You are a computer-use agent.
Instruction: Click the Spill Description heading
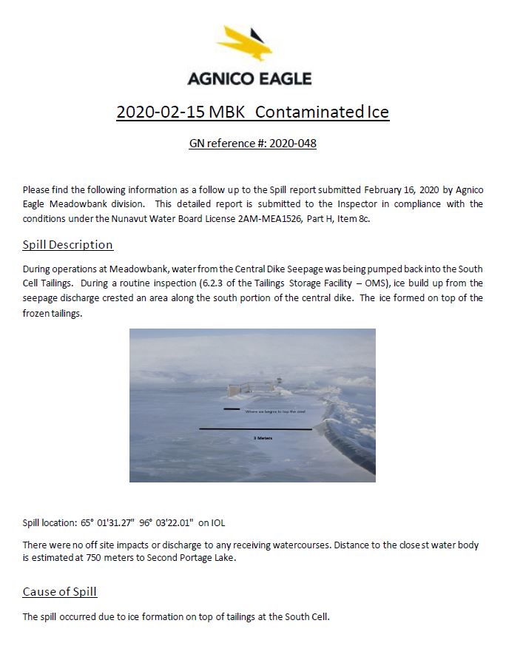pyautogui.click(x=67, y=244)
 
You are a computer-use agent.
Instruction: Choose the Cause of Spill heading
pyautogui.click(x=59, y=591)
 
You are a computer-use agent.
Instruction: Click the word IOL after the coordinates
pyautogui.click(x=218, y=522)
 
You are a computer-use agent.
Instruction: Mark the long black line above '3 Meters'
pyautogui.click(x=255, y=428)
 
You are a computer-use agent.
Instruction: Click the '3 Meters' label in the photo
pyautogui.click(x=263, y=438)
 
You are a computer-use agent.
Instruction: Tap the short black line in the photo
pyautogui.click(x=232, y=408)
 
